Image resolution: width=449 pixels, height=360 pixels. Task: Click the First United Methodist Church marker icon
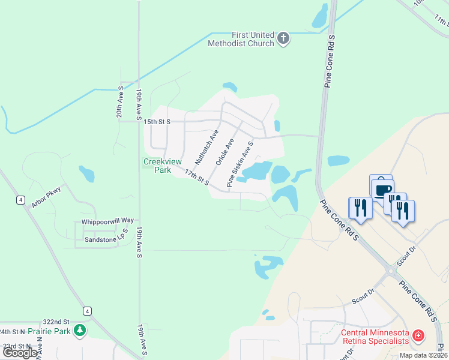[284, 40]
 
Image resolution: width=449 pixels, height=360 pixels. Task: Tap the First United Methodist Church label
[241, 40]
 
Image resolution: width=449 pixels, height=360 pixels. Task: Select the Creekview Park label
[157, 166]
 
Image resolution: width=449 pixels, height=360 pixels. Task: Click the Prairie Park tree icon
[79, 331]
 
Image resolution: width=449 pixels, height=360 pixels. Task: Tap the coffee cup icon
[382, 188]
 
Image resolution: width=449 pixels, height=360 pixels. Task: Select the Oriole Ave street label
[224, 152]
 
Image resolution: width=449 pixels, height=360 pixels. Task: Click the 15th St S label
[157, 122]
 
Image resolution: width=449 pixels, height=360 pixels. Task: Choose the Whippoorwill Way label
[107, 221]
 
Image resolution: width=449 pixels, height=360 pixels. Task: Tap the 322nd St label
[56, 322]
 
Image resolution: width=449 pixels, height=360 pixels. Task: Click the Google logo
[20, 353]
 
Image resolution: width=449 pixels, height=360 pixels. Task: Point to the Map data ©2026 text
[422, 355]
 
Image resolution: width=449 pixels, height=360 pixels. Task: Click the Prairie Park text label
[50, 331]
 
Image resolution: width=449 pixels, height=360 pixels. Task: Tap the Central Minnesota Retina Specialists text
[375, 337]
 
